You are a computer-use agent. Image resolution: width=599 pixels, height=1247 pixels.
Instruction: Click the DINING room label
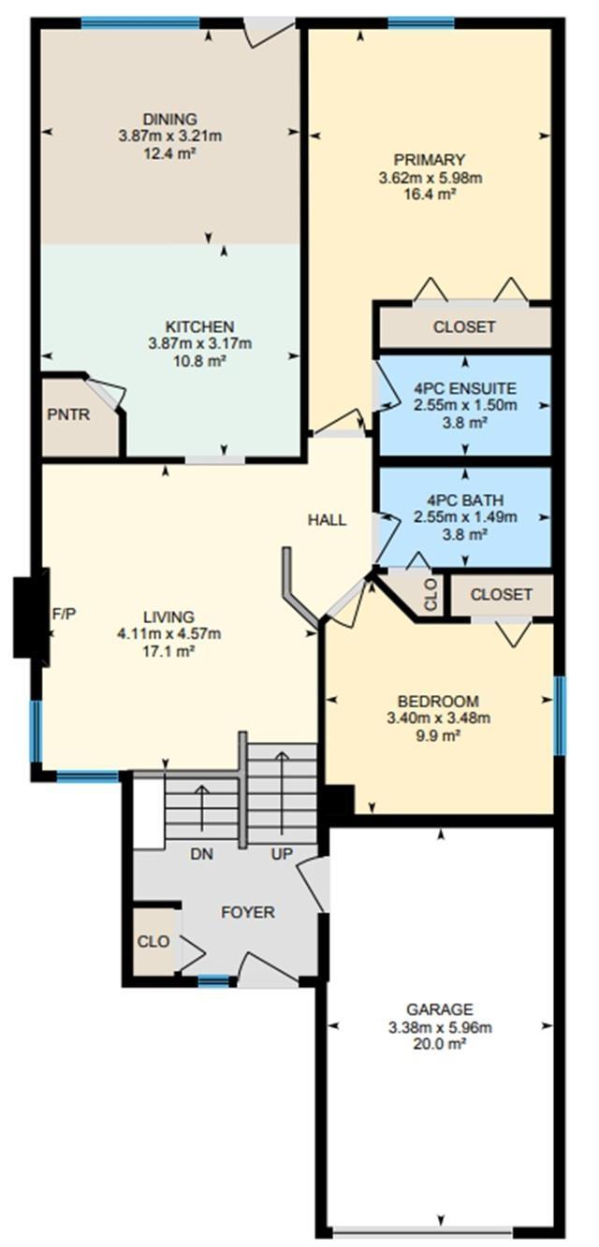(170, 119)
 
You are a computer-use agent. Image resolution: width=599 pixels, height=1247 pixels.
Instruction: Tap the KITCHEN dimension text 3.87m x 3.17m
(200, 343)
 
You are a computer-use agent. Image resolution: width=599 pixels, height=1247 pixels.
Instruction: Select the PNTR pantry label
(68, 414)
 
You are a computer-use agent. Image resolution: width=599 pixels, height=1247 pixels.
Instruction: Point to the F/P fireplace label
(64, 614)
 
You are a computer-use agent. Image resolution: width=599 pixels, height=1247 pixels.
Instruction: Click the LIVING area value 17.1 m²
(168, 651)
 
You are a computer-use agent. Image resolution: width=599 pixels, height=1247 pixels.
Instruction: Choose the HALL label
(327, 520)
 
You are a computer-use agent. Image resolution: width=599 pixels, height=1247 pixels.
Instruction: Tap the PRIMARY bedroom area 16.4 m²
(431, 195)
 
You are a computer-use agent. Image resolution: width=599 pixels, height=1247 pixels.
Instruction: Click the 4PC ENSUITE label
(465, 388)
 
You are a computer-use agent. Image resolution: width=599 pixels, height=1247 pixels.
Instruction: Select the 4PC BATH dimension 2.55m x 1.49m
(465, 516)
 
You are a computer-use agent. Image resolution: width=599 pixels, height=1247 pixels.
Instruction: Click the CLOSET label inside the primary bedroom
(464, 326)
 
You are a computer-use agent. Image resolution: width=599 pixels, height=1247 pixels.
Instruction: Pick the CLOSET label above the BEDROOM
(501, 595)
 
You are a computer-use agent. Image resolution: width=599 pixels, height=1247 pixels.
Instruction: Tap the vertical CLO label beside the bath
(431, 595)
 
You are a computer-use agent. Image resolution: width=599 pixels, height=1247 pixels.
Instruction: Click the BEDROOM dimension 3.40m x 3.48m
(439, 718)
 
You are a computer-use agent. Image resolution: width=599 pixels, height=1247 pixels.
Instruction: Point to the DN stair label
(202, 854)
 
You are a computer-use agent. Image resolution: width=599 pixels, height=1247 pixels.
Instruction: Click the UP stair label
(282, 854)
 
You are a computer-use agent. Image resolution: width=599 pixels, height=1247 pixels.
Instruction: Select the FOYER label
(248, 912)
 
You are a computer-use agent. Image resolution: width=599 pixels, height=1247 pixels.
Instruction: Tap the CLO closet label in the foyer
(153, 941)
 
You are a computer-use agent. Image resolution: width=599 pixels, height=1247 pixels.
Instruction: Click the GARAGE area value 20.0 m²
(440, 1044)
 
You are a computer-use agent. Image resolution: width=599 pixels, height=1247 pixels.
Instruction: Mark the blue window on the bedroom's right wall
(560, 716)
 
